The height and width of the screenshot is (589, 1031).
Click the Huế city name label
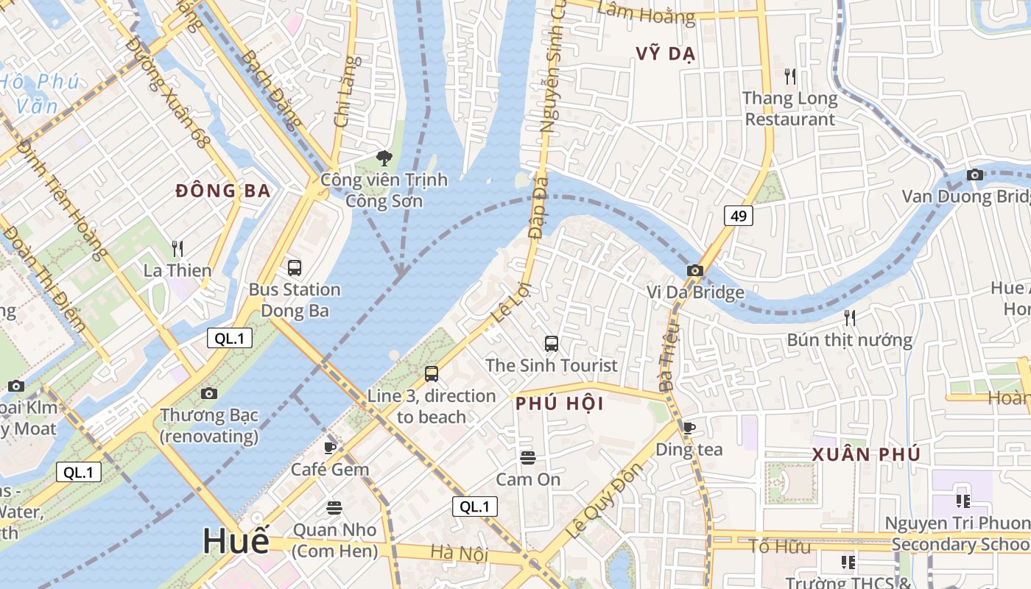coord(236,541)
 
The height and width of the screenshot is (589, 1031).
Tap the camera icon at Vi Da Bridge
coord(694,270)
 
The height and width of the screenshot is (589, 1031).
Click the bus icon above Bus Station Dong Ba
coord(295,267)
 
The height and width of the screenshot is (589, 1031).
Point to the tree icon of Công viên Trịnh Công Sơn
coord(384,157)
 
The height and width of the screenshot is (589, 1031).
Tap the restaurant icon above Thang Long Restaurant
coord(790,75)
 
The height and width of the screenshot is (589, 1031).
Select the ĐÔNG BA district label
coord(223,191)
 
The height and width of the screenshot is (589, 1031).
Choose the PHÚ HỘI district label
coord(560,403)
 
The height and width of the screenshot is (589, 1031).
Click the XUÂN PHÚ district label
coord(866,454)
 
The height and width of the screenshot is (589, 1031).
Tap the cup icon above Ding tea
coord(689,427)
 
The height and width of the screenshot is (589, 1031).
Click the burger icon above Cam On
coord(527,457)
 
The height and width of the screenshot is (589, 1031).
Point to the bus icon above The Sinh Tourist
coord(551,343)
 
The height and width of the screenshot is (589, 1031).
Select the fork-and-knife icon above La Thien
coord(177,248)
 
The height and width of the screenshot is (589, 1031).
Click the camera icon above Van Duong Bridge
coord(975,174)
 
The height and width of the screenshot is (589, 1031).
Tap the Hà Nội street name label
coord(449,552)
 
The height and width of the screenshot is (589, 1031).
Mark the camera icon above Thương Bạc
coord(209,393)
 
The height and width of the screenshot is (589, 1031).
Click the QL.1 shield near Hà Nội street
coord(474,507)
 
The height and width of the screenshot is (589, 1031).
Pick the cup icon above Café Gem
coord(330,447)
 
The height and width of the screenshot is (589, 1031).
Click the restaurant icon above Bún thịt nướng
coord(850,317)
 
